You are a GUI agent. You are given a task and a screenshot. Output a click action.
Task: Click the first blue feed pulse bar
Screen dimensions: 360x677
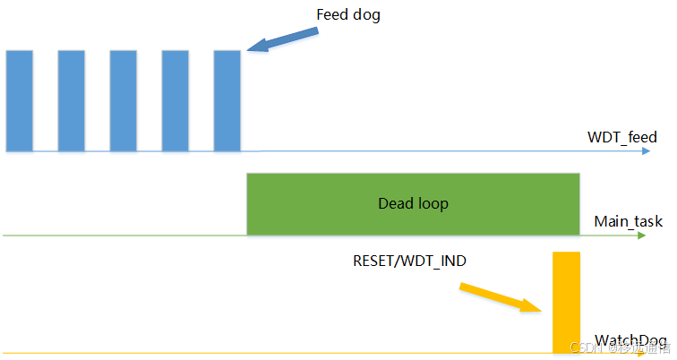19,100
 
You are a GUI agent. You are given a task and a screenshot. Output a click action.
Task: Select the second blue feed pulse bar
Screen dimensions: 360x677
71,100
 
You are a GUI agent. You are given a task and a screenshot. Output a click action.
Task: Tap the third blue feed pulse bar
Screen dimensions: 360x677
123,100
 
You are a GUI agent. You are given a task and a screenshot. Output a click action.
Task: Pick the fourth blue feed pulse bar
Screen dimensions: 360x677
175,100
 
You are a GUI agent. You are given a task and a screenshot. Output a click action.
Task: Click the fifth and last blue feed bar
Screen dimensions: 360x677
227,100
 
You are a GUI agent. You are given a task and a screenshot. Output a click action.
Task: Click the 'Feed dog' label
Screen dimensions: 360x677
348,15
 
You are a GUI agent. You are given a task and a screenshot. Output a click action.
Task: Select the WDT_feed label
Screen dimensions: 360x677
621,137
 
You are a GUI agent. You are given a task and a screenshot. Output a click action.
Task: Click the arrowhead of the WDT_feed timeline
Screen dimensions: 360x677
646,151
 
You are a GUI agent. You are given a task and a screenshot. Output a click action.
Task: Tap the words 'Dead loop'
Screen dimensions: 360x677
413,203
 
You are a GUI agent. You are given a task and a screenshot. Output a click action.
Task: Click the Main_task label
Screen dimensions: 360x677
628,221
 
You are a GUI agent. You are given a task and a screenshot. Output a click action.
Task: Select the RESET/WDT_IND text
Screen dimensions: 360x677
409,261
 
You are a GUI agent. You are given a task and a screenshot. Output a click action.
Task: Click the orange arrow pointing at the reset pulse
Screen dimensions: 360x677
501,297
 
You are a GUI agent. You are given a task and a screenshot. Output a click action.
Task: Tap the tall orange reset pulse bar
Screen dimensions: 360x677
567,302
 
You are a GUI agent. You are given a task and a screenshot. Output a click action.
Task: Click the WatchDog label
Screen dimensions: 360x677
631,340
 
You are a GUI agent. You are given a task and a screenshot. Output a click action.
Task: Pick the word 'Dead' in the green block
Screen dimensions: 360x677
395,203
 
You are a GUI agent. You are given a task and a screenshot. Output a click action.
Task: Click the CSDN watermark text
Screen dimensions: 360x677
586,348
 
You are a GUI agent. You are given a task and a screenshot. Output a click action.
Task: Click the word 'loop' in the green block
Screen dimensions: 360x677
433,203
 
